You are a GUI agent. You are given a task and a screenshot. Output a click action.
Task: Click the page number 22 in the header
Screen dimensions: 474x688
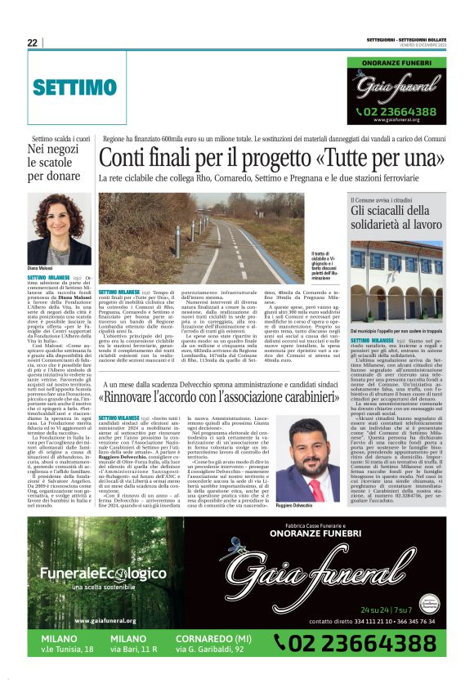point(33,42)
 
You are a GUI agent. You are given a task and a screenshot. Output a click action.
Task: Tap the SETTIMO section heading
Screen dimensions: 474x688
point(75,87)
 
